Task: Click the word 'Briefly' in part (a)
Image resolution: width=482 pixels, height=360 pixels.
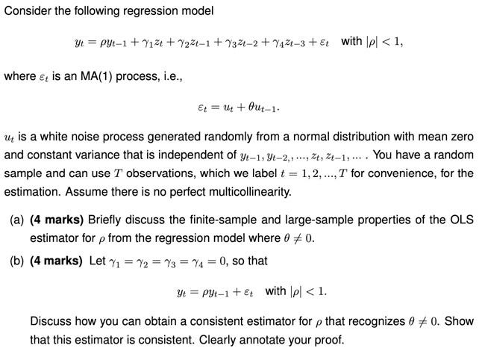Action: tap(106, 220)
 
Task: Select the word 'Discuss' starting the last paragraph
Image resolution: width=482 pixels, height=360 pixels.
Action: tap(50, 321)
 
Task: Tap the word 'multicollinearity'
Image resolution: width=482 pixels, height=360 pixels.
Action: tap(244, 192)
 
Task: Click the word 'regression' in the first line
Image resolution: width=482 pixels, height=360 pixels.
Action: tap(140, 10)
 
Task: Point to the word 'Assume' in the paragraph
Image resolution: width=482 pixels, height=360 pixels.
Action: tap(85, 192)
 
